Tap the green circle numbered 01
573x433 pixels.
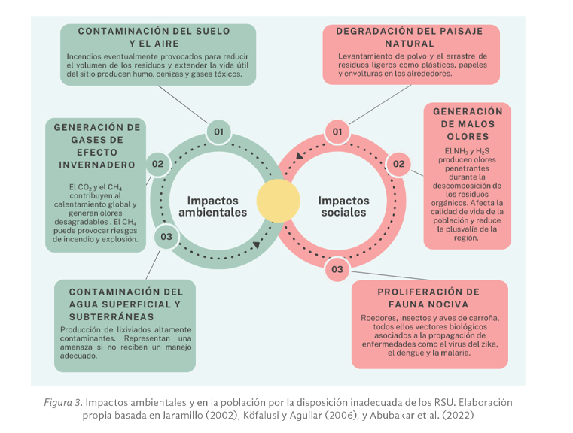pos(218,132)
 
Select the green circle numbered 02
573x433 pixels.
pos(158,164)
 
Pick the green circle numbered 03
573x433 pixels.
pos(166,238)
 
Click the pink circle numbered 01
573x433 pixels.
pos(337,132)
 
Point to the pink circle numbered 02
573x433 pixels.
pos(398,164)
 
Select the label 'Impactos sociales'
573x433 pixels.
pos(343,207)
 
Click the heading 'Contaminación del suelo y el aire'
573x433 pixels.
pos(160,37)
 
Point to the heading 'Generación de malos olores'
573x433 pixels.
pos(468,124)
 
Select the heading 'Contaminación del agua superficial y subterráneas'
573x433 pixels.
pos(126,304)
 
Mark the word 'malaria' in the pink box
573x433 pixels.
pos(455,352)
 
